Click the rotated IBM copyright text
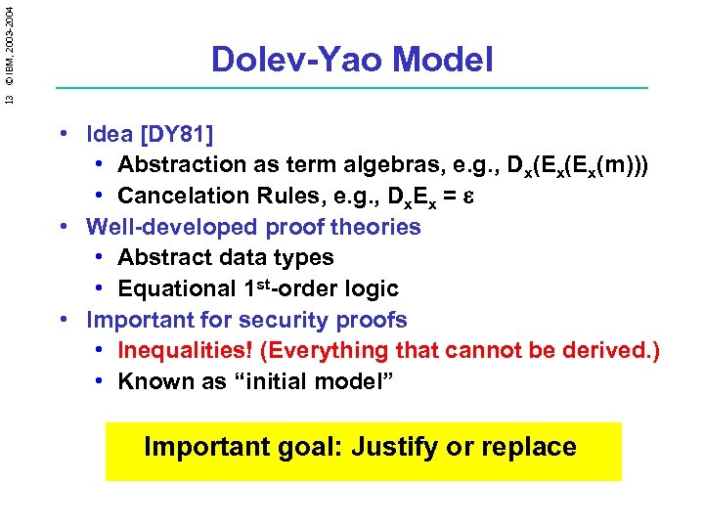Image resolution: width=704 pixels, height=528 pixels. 9,42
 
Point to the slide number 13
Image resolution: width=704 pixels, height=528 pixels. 9,97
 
